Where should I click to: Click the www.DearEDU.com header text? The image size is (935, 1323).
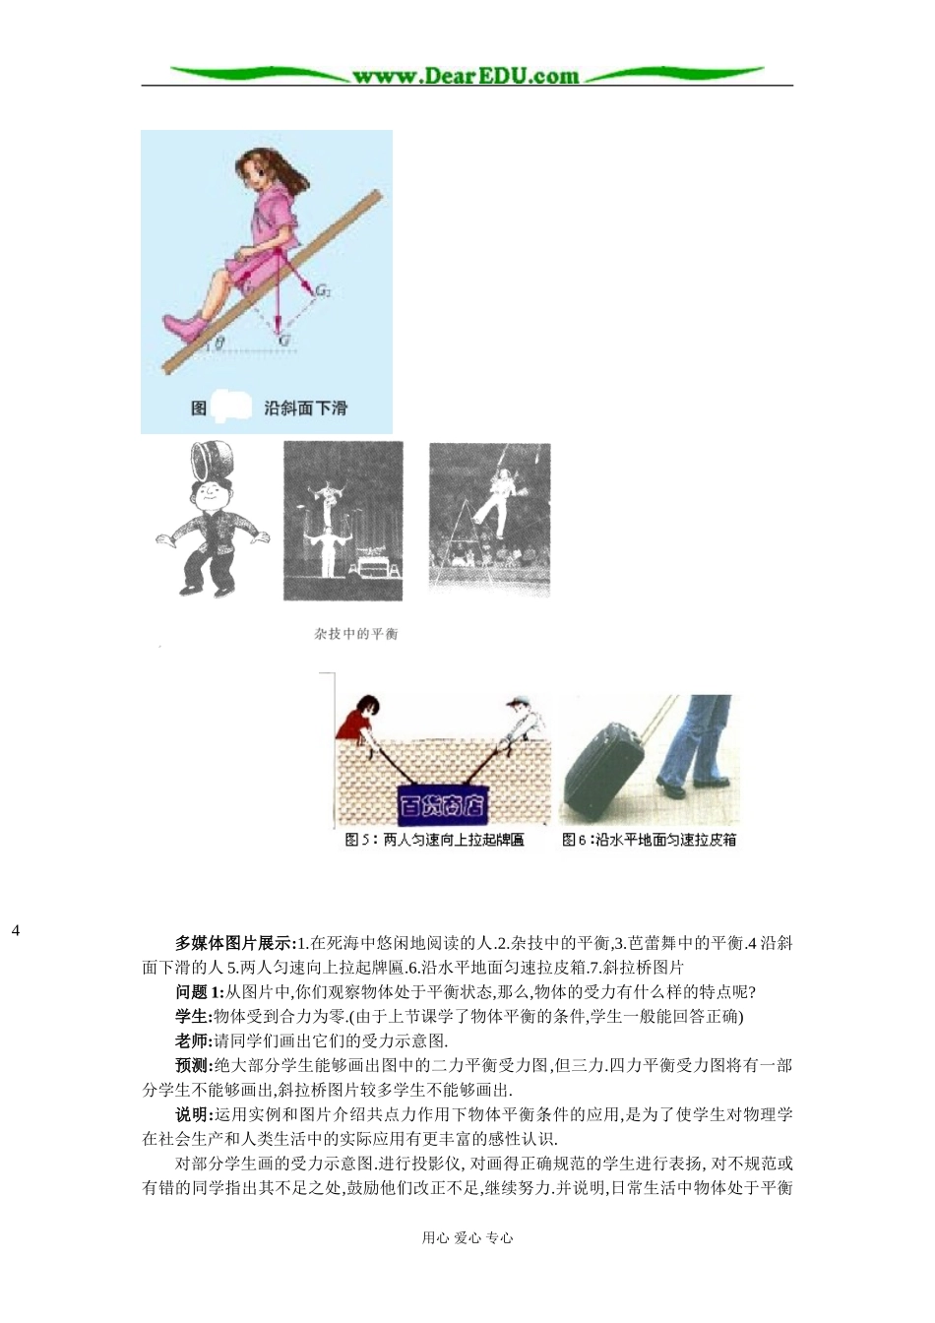tap(466, 76)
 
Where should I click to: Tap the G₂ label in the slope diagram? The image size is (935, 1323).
tap(323, 292)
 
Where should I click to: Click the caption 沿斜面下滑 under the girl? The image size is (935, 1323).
tap(305, 408)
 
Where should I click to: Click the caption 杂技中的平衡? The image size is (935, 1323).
tap(356, 634)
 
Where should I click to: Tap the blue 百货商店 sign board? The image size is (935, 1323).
tap(442, 806)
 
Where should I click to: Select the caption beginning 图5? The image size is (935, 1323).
tap(434, 840)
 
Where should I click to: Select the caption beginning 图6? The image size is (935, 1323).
tap(649, 840)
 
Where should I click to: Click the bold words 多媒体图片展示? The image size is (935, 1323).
tap(233, 943)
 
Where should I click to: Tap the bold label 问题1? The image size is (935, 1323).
tap(199, 991)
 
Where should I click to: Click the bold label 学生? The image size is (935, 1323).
tap(193, 1016)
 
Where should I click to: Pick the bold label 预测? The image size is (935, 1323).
tap(193, 1065)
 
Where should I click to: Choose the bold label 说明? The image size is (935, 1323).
tap(193, 1114)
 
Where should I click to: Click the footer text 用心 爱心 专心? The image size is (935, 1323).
tap(467, 1237)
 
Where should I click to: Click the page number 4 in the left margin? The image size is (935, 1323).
tap(16, 929)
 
